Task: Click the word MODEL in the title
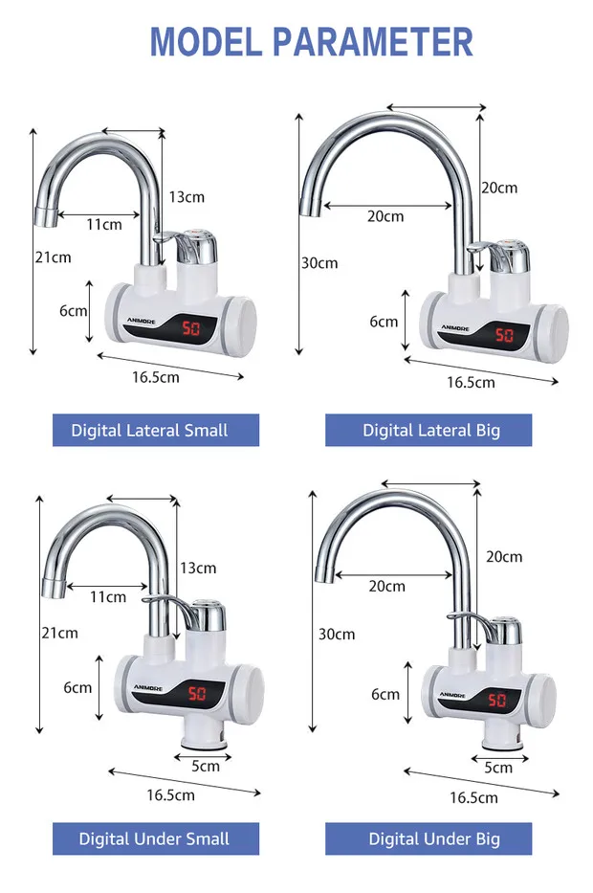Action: coord(205,42)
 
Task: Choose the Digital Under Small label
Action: coord(155,838)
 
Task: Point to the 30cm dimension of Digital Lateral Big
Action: coord(318,262)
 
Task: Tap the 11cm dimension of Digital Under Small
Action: coord(108,596)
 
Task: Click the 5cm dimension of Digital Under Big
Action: coord(497,767)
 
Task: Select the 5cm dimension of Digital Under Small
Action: coord(206,765)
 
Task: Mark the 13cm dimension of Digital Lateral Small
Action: coord(187,196)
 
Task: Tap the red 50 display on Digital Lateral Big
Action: coord(503,336)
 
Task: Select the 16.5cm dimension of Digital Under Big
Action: coord(473,796)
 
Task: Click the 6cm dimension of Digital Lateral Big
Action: coord(384,322)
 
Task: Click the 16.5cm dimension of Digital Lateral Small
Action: coord(156,376)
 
